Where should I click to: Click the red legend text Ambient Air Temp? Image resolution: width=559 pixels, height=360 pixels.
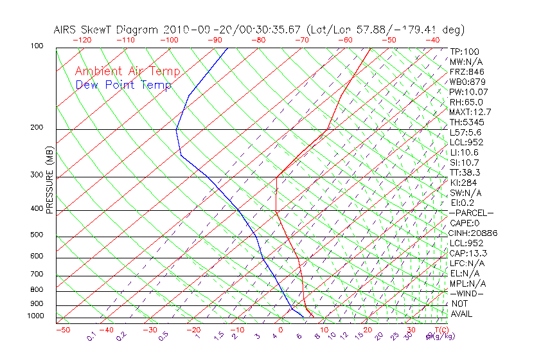(127, 71)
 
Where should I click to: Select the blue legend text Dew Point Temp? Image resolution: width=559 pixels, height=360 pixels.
(123, 85)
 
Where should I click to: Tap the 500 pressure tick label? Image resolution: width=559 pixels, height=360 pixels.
(37, 235)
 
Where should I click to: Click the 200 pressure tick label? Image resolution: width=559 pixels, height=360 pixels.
(37, 128)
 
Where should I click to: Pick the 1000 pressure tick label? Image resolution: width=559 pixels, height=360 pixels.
(35, 316)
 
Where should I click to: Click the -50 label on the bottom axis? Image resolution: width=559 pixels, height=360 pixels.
(62, 330)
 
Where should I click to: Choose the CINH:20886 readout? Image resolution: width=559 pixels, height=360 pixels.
(473, 233)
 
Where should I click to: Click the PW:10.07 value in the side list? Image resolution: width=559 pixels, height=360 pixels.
(469, 92)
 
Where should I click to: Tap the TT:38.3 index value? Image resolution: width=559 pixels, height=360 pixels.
(466, 172)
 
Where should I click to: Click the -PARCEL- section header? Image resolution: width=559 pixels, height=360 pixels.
(471, 213)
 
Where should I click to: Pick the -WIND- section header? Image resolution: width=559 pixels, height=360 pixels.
(467, 293)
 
